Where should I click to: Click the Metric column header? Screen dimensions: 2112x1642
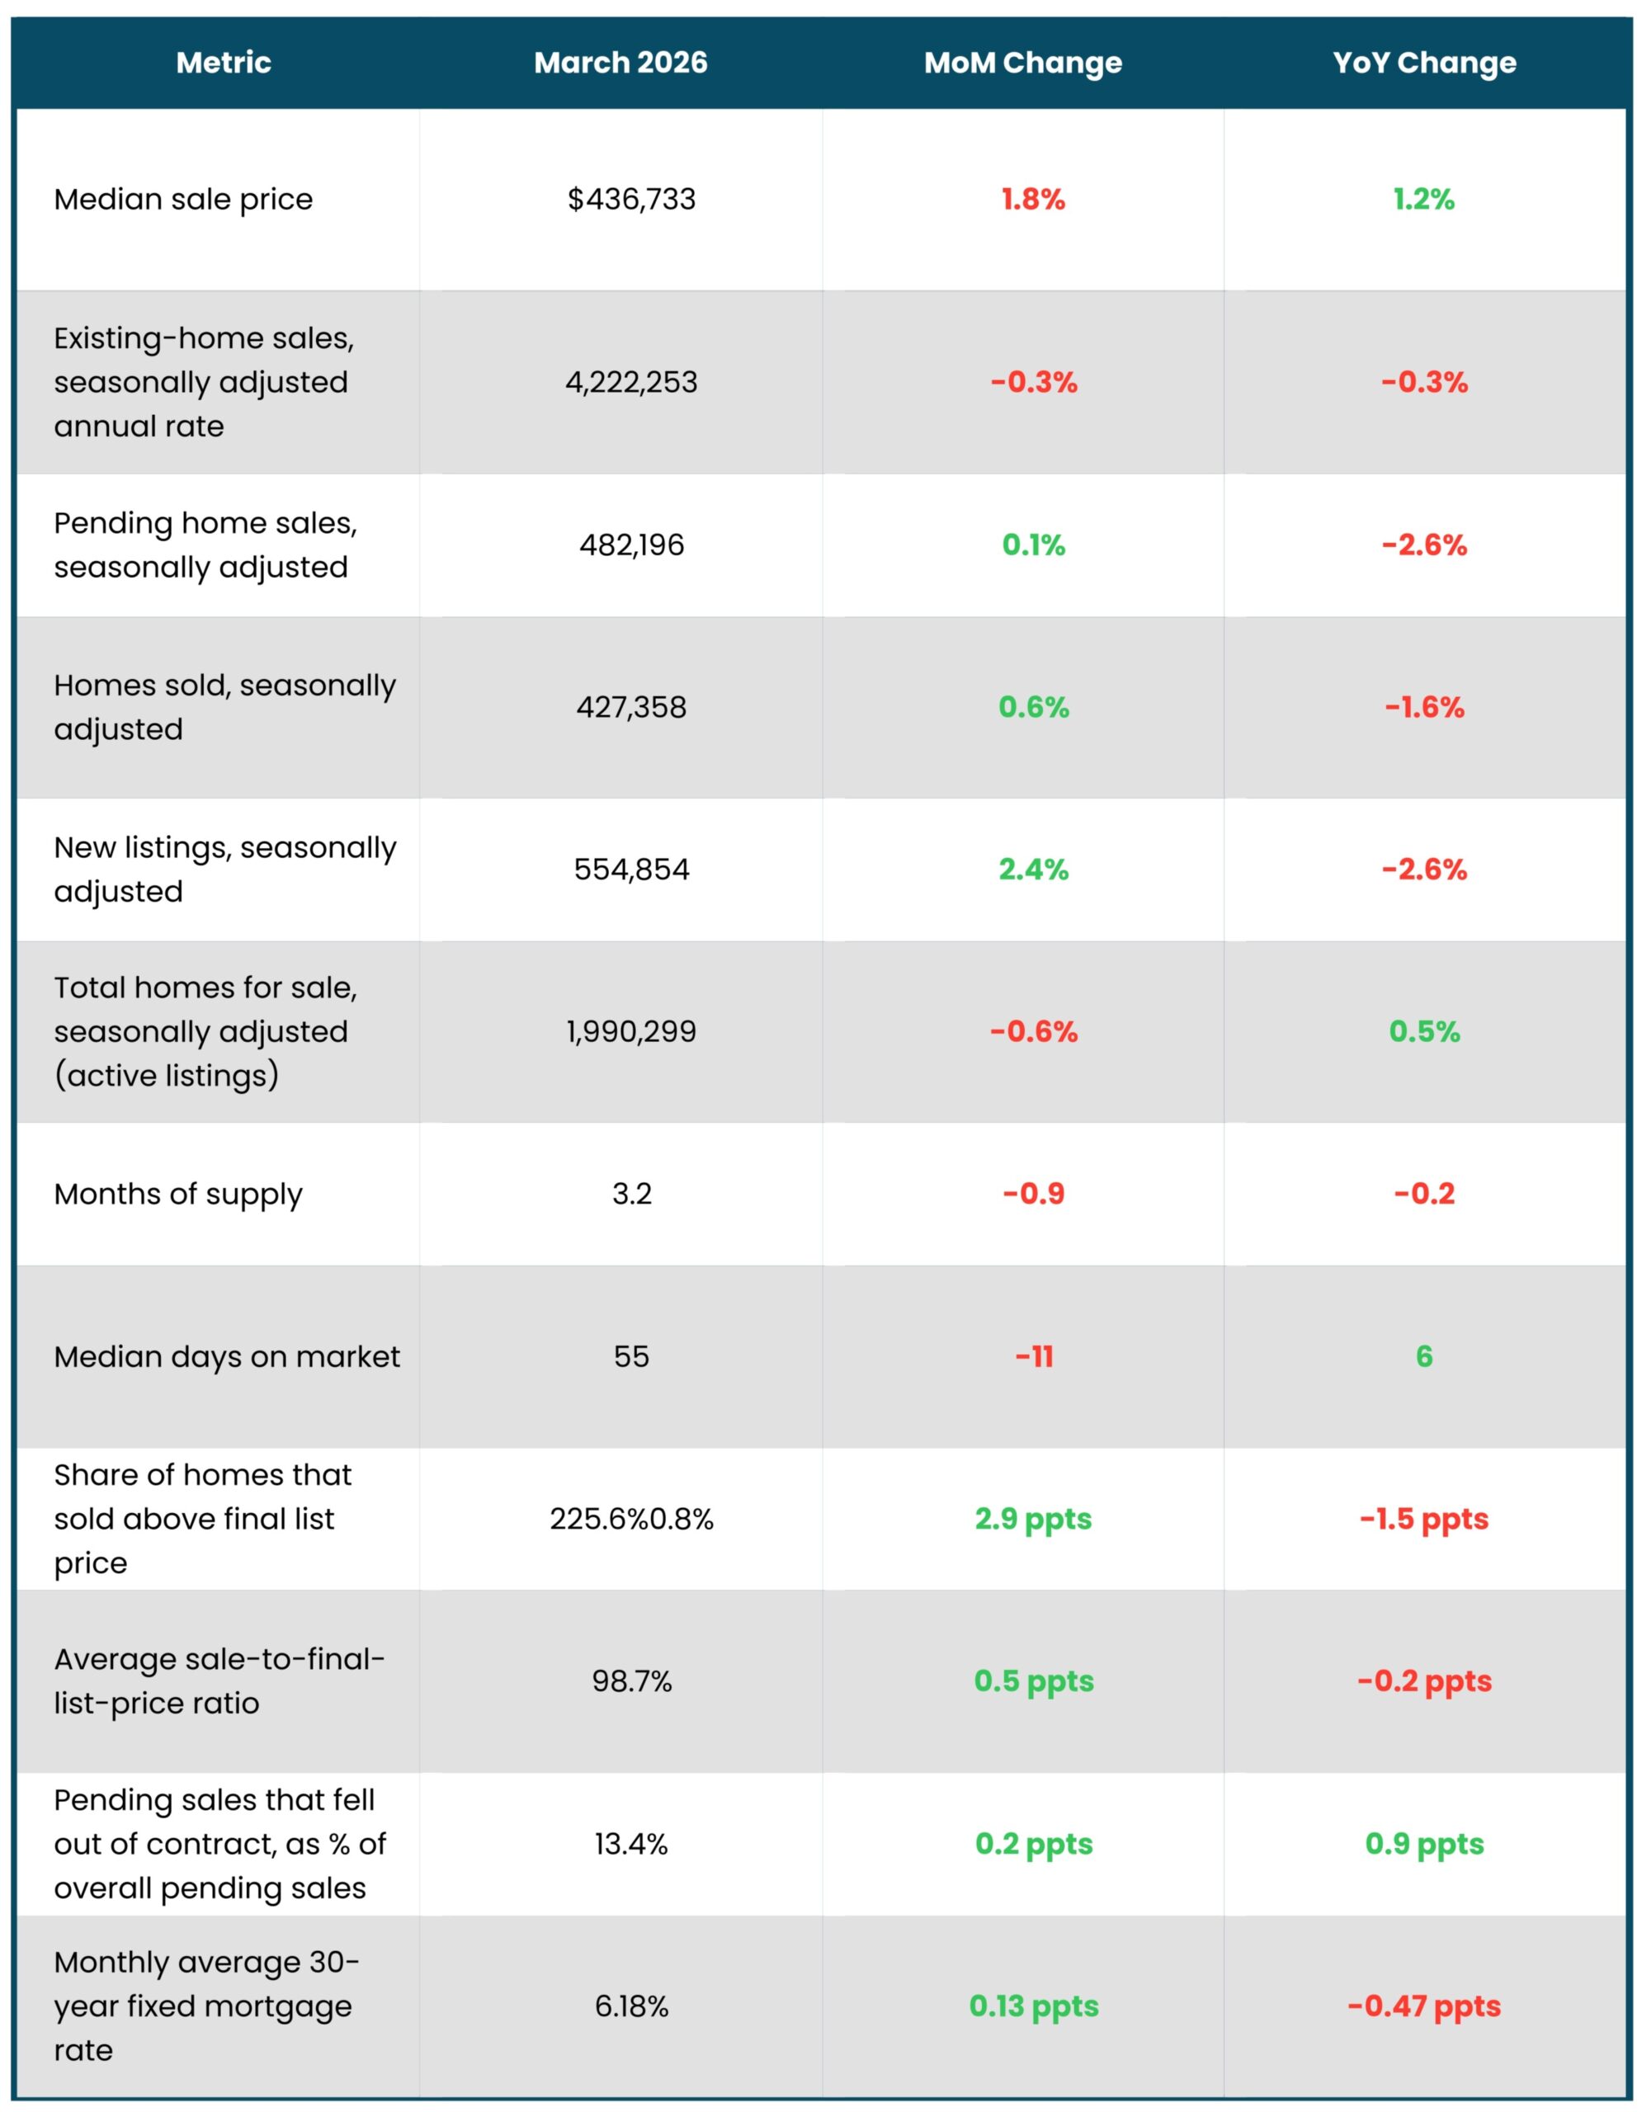coord(224,63)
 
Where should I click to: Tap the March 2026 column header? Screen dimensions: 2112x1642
coord(620,63)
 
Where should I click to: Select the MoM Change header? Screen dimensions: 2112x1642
coord(1022,63)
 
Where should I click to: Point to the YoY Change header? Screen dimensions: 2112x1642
coord(1423,63)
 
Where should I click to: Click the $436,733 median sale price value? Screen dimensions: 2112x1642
coord(630,199)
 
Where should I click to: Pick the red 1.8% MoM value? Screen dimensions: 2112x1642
coord(1033,199)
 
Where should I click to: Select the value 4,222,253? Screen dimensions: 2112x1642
coord(630,382)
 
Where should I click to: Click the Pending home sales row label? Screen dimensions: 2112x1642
coord(205,544)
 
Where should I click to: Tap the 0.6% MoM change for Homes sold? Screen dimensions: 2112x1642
coord(1033,707)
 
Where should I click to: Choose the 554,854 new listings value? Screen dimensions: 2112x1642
coord(630,870)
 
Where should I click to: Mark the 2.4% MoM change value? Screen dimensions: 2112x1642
coord(1033,870)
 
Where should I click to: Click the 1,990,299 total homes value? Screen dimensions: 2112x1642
coord(630,1031)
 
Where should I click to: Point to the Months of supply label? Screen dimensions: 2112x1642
coord(178,1195)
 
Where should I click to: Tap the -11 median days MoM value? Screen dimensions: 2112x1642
coord(1033,1357)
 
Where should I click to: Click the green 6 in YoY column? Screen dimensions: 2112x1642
coord(1423,1357)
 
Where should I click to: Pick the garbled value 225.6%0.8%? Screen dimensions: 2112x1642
coord(630,1519)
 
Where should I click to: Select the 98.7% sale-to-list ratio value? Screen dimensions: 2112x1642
coord(630,1681)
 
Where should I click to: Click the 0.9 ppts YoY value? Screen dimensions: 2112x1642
coord(1423,1844)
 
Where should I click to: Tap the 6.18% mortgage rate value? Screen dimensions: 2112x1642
coord(630,2006)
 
